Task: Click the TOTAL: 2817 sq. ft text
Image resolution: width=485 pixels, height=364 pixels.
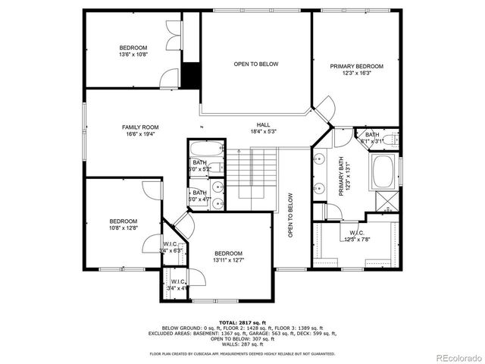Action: (x=243, y=322)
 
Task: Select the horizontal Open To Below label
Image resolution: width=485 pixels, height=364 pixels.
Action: (x=255, y=64)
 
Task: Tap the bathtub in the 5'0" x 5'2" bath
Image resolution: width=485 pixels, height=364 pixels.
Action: (x=206, y=147)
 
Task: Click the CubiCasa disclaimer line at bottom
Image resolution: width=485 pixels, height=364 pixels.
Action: (x=242, y=354)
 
